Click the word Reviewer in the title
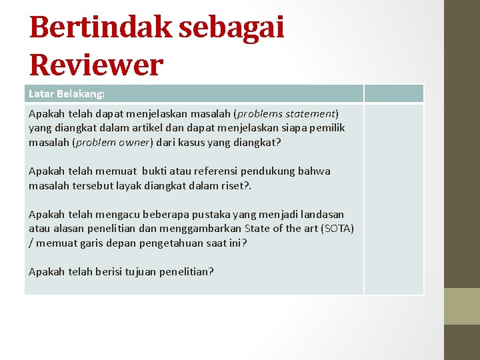point(96,64)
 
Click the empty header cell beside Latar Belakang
point(393,94)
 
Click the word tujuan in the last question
point(145,271)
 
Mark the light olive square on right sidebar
point(462,305)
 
